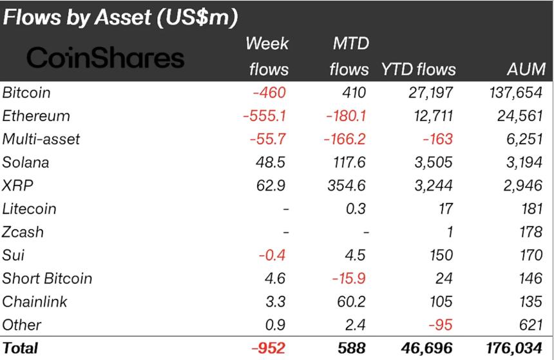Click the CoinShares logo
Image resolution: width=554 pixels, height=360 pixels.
(105, 59)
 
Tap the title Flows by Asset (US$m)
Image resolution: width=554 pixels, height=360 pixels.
(120, 17)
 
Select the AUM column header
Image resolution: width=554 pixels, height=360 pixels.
(526, 70)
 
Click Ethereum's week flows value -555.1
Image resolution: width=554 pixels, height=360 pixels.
(264, 116)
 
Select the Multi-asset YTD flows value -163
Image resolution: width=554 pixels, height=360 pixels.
(439, 139)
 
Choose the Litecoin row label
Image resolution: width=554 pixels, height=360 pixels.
(29, 209)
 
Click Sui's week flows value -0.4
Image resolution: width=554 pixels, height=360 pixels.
(272, 255)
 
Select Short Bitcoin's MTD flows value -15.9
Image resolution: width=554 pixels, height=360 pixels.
(350, 278)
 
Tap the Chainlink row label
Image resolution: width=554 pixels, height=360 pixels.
(35, 301)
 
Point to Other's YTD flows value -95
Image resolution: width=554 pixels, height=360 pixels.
(443, 325)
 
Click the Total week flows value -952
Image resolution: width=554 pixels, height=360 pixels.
(268, 348)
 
